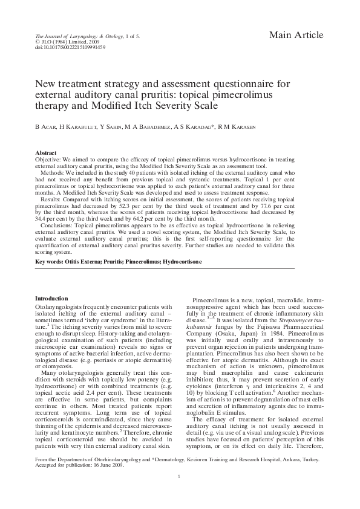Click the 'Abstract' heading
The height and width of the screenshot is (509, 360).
coord(46,154)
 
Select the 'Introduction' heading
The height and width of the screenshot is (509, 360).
coord(51,299)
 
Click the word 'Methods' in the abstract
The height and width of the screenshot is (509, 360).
coord(51,173)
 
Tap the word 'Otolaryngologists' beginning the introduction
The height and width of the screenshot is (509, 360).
coord(58,307)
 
